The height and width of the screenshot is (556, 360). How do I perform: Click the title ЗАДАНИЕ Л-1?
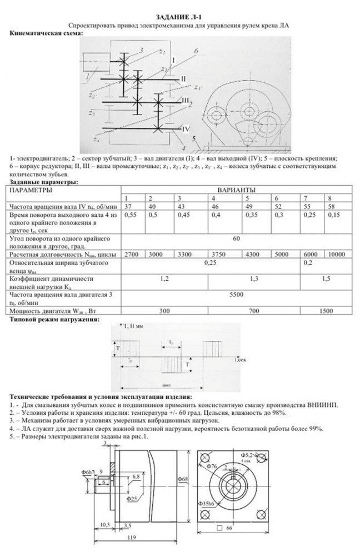pos(179,18)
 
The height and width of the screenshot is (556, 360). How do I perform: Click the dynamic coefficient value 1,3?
pos(253,277)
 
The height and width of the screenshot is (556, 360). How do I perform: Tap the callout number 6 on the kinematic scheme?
pos(197,51)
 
